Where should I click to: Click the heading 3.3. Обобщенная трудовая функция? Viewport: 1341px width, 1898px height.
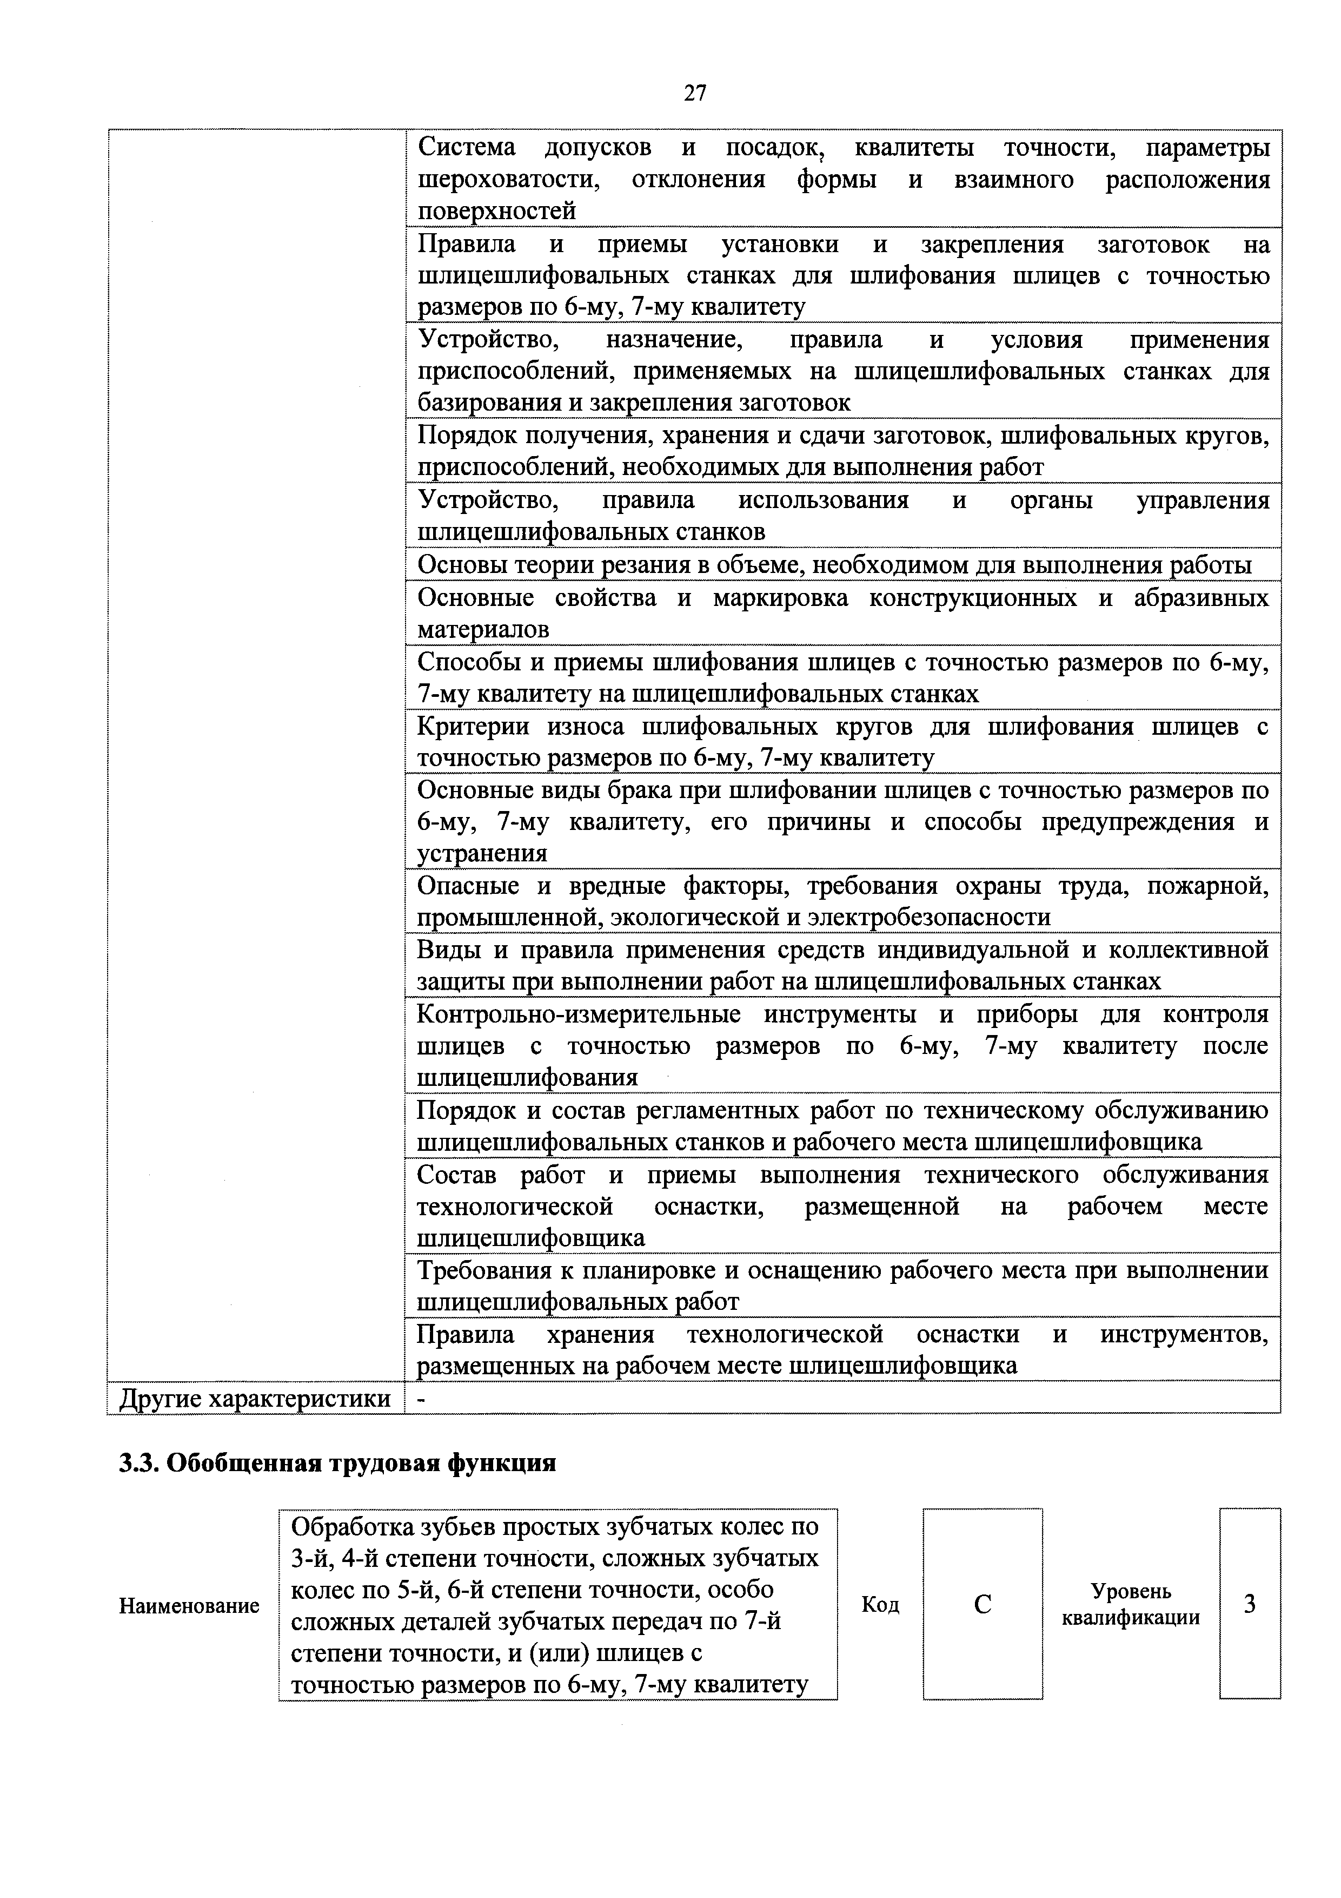tap(337, 1463)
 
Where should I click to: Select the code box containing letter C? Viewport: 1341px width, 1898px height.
tap(982, 1605)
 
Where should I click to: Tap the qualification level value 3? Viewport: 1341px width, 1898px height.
tap(1249, 1605)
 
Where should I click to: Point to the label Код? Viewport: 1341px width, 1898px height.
tap(880, 1605)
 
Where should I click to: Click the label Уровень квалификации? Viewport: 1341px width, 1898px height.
tap(1130, 1605)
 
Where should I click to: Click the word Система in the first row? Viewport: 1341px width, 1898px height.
tap(467, 148)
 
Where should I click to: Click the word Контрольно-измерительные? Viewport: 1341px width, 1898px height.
tap(579, 1014)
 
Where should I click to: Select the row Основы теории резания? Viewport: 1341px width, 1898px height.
tap(834, 565)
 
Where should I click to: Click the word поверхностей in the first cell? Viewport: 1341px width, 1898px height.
tap(496, 212)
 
